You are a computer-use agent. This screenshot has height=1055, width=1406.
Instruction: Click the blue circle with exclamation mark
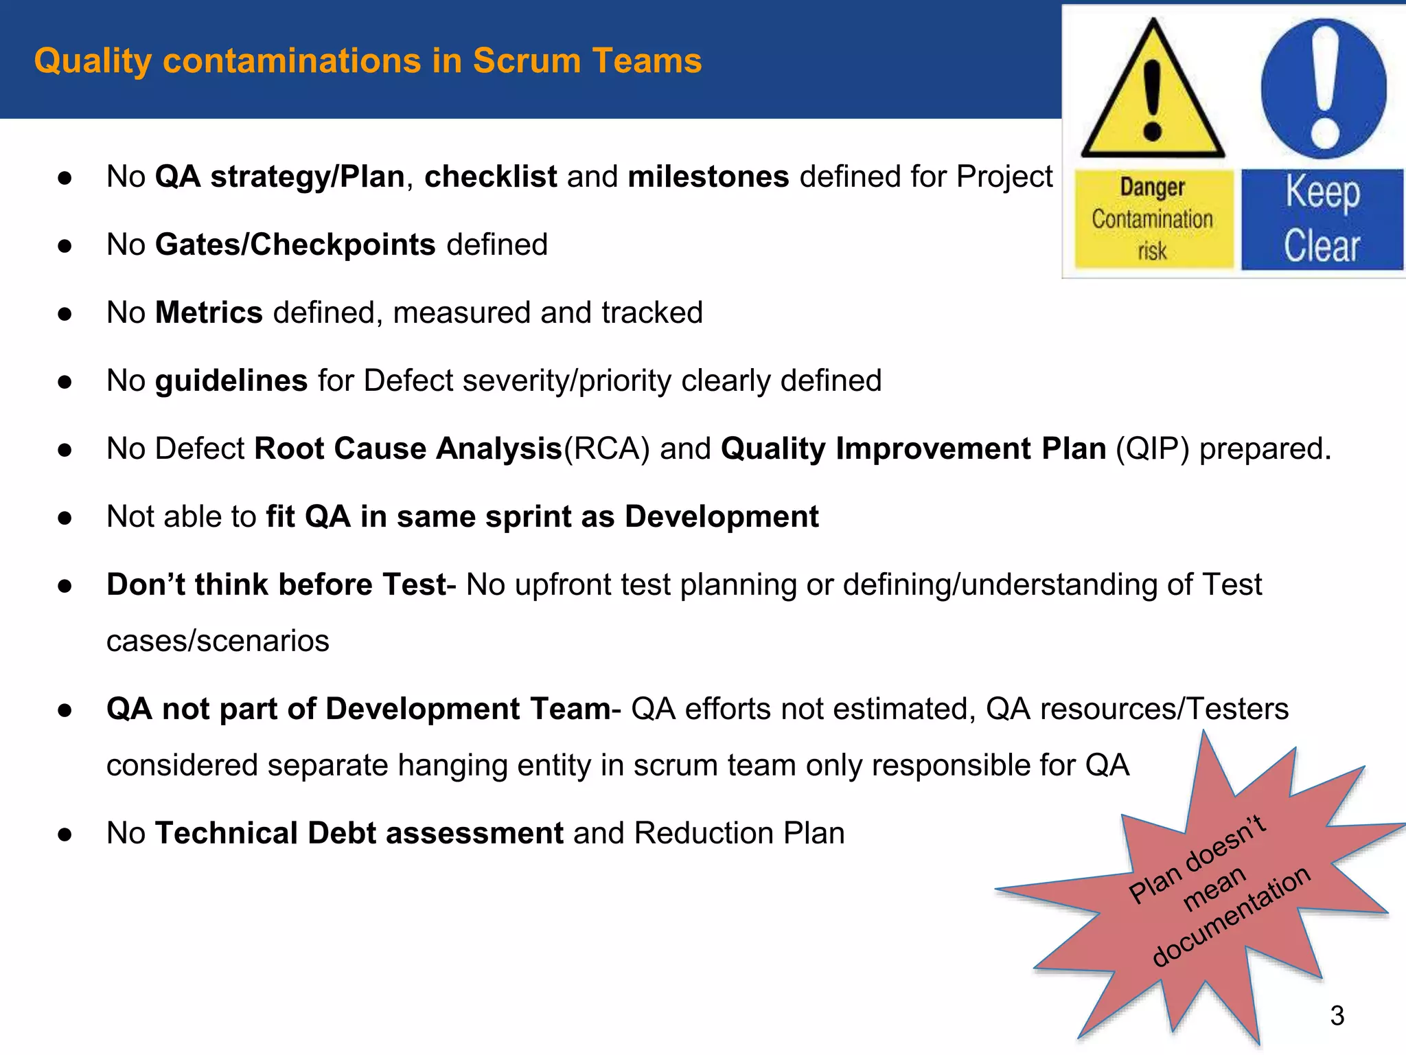pyautogui.click(x=1324, y=89)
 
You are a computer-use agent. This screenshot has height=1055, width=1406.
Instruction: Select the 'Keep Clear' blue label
pyautogui.click(x=1322, y=219)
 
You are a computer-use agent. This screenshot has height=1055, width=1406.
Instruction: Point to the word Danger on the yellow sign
pyautogui.click(x=1153, y=187)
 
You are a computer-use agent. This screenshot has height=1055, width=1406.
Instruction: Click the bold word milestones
pyautogui.click(x=708, y=177)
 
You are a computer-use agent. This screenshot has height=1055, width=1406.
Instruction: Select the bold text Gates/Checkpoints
pyautogui.click(x=295, y=245)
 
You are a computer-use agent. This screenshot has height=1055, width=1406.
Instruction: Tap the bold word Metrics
pyautogui.click(x=209, y=313)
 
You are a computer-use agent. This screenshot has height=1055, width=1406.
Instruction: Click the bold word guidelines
pyautogui.click(x=231, y=381)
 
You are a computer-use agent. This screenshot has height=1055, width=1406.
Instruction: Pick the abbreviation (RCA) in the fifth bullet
pyautogui.click(x=606, y=449)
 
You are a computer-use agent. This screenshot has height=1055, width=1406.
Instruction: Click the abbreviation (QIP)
pyautogui.click(x=1153, y=449)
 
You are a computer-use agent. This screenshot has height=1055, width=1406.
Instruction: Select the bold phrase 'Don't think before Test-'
pyautogui.click(x=281, y=585)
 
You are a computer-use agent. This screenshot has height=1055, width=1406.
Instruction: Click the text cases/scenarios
pyautogui.click(x=218, y=641)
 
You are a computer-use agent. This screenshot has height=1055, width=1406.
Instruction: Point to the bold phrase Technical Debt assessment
pyautogui.click(x=359, y=833)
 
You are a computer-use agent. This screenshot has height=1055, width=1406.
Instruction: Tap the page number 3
pyautogui.click(x=1337, y=1015)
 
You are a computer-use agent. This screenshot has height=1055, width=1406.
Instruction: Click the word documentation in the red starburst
pyautogui.click(x=1232, y=917)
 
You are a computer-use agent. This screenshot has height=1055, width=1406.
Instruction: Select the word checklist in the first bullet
pyautogui.click(x=490, y=177)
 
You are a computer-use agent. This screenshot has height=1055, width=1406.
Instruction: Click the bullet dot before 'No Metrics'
pyautogui.click(x=65, y=314)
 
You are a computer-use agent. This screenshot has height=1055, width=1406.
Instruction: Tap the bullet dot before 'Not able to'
pyautogui.click(x=65, y=518)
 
